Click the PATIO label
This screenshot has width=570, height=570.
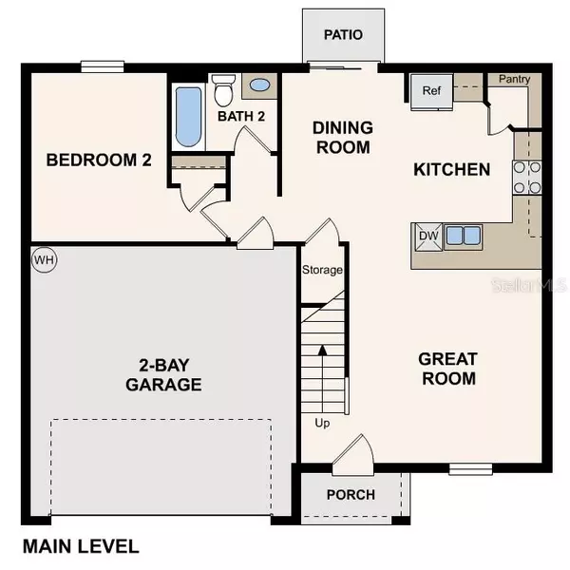[343, 35]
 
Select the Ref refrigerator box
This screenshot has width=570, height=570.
[431, 92]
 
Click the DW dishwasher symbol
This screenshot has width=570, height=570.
[427, 236]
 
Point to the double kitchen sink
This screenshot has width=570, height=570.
[462, 236]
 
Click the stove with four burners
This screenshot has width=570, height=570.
[526, 175]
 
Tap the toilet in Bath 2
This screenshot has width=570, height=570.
[223, 91]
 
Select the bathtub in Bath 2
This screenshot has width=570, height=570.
[188, 118]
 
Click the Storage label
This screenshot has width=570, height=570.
[322, 271]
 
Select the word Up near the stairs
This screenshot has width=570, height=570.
[322, 423]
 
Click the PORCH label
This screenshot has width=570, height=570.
[351, 495]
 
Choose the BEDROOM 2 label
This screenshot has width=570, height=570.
[99, 160]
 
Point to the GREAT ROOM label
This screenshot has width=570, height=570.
[447, 369]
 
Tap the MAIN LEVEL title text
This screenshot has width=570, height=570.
[81, 546]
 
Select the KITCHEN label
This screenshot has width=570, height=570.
[452, 170]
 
